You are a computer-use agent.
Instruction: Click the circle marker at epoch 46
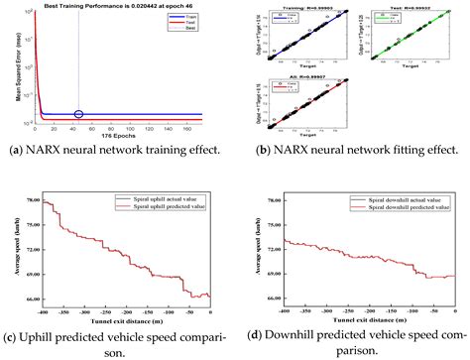tap(79, 115)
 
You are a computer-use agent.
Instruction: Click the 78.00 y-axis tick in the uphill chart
tap(33, 200)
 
